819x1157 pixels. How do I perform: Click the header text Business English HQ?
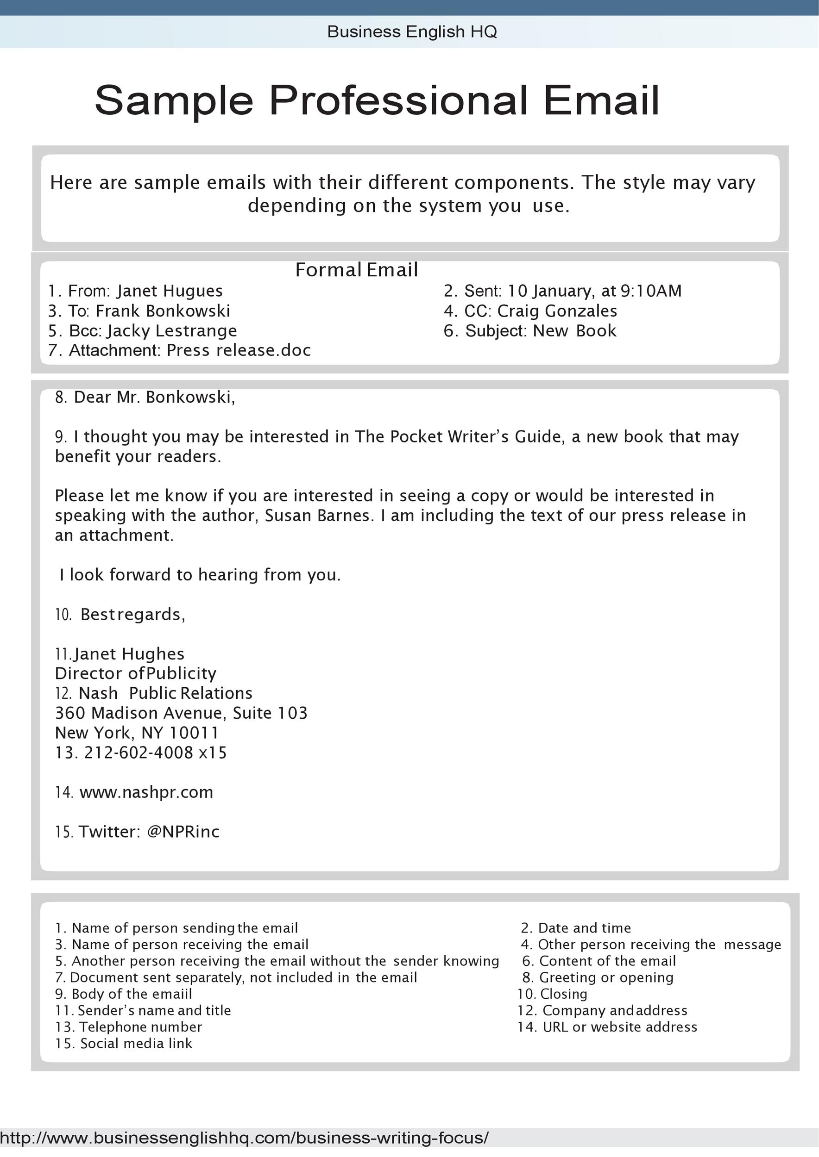coord(411,32)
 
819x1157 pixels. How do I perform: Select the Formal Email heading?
coord(356,270)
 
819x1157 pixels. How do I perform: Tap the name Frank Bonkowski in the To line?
coord(163,311)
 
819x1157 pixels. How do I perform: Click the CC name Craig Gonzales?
coord(557,311)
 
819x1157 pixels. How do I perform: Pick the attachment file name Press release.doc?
coord(239,350)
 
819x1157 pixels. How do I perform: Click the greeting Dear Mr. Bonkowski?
coord(154,398)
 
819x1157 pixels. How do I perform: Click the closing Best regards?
coord(132,614)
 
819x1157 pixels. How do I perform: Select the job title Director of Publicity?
coord(135,673)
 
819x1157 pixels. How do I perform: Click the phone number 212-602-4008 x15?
coord(155,753)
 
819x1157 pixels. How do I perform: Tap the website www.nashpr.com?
coord(146,792)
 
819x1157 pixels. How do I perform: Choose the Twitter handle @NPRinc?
coord(183,832)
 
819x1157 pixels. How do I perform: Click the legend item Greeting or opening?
coord(606,977)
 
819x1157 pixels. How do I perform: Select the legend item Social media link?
coord(136,1043)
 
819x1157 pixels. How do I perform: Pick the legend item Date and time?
coord(584,928)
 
